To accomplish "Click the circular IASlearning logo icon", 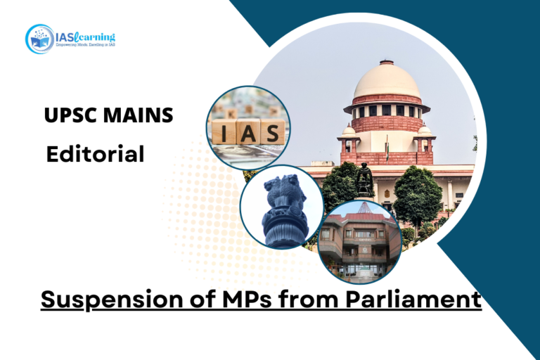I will (x=39, y=39).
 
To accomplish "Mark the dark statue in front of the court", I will (x=364, y=181).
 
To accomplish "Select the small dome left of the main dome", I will (x=349, y=131).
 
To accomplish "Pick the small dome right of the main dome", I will (x=424, y=130).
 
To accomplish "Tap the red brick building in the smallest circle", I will (x=359, y=243).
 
